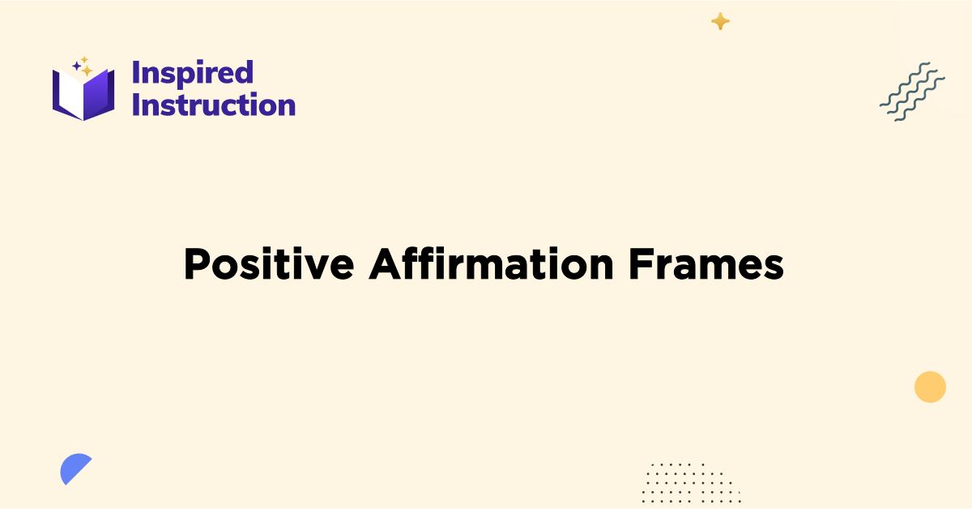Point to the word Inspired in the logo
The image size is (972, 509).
click(193, 73)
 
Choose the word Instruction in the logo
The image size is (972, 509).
click(214, 105)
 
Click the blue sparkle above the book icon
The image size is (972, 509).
click(76, 65)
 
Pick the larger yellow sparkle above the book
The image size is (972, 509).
click(87, 71)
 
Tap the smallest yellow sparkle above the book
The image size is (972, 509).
click(84, 59)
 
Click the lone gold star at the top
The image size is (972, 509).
click(720, 22)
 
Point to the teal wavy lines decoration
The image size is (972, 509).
click(912, 92)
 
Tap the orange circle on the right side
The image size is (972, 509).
click(930, 387)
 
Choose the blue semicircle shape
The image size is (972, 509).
click(74, 468)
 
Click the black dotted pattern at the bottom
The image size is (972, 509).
click(689, 481)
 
